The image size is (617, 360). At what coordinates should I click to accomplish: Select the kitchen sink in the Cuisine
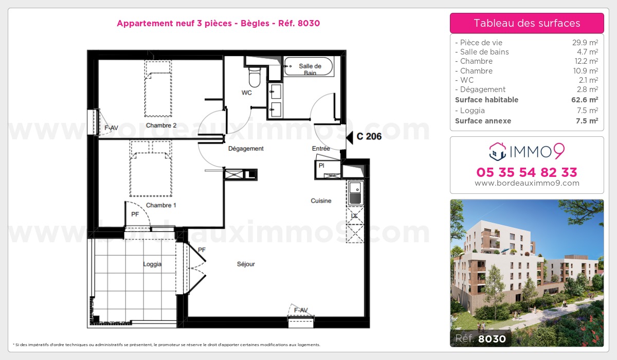(355, 192)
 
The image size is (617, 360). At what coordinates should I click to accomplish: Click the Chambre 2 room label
(161, 125)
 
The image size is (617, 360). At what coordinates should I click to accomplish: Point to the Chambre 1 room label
(161, 205)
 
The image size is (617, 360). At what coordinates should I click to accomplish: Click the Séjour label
(246, 264)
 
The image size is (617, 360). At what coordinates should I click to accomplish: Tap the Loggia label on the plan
(152, 264)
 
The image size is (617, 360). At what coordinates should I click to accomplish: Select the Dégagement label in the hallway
(246, 149)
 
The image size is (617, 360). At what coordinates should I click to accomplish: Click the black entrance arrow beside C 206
(350, 137)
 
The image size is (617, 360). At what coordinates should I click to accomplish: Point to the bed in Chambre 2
(158, 88)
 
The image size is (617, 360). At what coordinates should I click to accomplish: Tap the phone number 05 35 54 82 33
(527, 172)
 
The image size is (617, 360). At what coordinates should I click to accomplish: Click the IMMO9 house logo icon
(496, 151)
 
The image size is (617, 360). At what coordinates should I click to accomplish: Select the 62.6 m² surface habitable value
(586, 100)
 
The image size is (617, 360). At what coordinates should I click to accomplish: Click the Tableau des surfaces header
(527, 23)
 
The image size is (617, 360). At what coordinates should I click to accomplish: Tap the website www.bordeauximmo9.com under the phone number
(527, 183)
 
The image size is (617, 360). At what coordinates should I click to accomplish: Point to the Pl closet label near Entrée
(321, 166)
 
